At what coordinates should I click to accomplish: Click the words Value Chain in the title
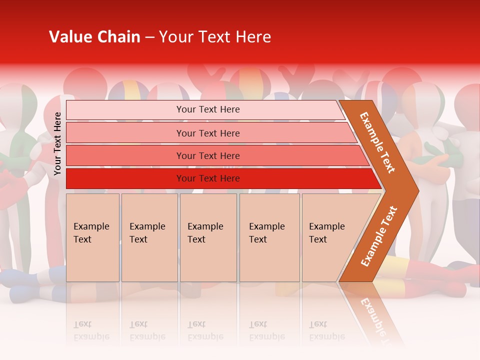[94, 37]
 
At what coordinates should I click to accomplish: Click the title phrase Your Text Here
[215, 37]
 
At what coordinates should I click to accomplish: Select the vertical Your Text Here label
[57, 143]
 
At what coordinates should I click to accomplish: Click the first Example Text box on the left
[92, 237]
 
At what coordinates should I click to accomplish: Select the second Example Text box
[149, 237]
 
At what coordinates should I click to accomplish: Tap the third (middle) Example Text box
[208, 237]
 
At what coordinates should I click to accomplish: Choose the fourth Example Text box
[269, 237]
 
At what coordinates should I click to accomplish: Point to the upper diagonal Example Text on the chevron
[377, 142]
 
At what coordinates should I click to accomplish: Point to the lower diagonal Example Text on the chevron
[379, 236]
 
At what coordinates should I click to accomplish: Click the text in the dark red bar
[208, 178]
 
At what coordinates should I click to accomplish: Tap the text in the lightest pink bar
[208, 109]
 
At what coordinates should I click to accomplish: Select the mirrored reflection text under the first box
[91, 330]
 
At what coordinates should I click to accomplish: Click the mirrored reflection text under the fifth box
[326, 330]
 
